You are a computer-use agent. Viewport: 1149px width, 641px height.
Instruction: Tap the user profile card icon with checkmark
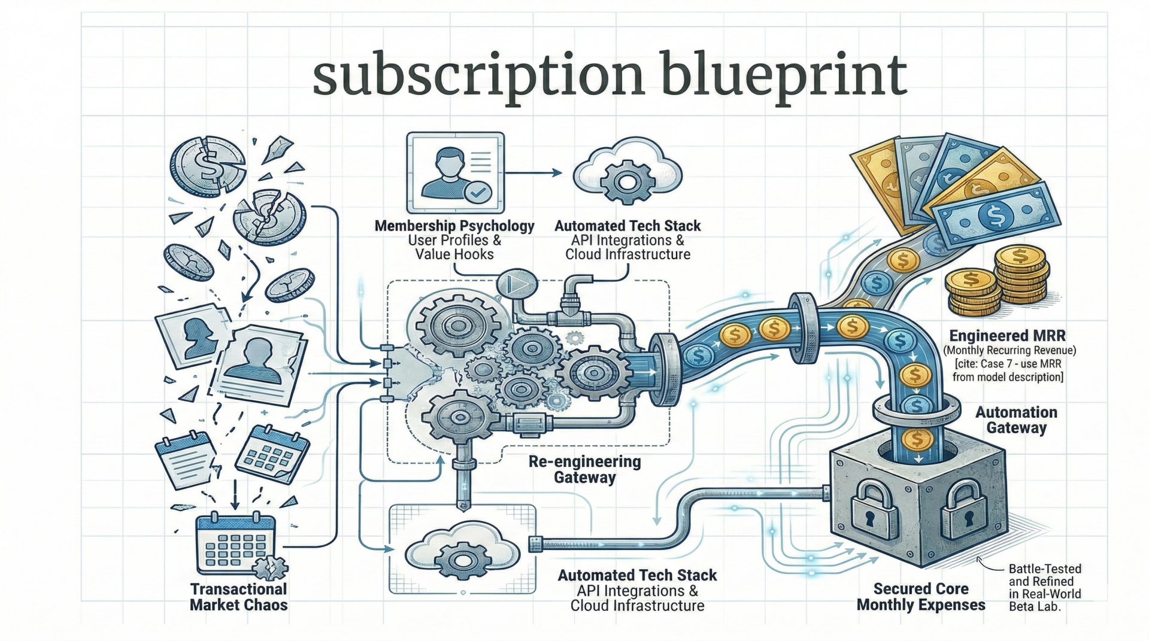coord(455,173)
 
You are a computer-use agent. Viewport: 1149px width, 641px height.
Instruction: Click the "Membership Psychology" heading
coord(454,226)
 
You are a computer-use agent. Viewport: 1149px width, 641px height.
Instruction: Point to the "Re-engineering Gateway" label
coord(584,470)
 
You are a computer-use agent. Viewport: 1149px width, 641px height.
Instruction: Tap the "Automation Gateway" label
coord(1016,420)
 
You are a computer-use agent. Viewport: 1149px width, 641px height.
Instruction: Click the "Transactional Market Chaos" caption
coord(238,597)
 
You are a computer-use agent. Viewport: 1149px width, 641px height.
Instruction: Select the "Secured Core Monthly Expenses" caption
coord(921,597)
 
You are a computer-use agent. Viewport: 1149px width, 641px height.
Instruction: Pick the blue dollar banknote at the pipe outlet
coord(997,215)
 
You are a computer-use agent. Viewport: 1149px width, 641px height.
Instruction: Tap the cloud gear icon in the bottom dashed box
coord(462,552)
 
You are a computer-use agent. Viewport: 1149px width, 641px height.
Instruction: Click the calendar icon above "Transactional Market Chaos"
coord(236,543)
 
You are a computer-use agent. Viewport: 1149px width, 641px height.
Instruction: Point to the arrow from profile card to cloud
coord(533,173)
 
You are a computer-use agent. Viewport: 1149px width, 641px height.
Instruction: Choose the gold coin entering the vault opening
coord(917,440)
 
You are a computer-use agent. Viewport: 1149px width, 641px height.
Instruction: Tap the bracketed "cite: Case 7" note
coord(1008,370)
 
